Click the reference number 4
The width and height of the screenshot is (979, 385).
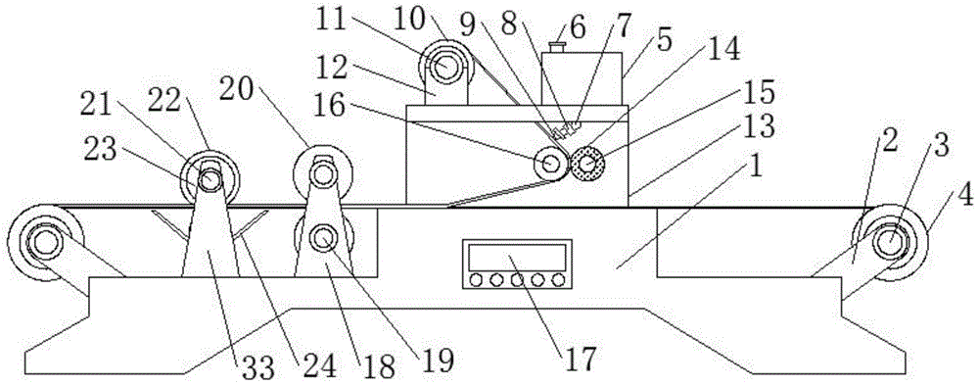click(964, 195)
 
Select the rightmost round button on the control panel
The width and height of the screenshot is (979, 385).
click(558, 280)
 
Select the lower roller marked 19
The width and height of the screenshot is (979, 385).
click(322, 238)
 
